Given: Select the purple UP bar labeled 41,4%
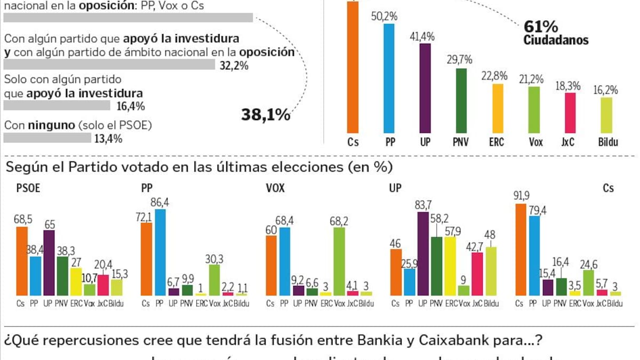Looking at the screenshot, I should [425, 88].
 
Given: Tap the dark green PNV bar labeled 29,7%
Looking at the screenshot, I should [461, 100].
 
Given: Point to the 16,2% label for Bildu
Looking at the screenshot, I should [606, 90].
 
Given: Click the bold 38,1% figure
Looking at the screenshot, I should [266, 114].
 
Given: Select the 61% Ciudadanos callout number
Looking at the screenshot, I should [540, 26].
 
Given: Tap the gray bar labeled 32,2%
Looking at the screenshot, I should [109, 65].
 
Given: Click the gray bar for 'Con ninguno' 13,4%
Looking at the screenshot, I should [47, 138].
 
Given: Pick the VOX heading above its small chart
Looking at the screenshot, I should [275, 188].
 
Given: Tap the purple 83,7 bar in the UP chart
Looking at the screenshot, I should [423, 253].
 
